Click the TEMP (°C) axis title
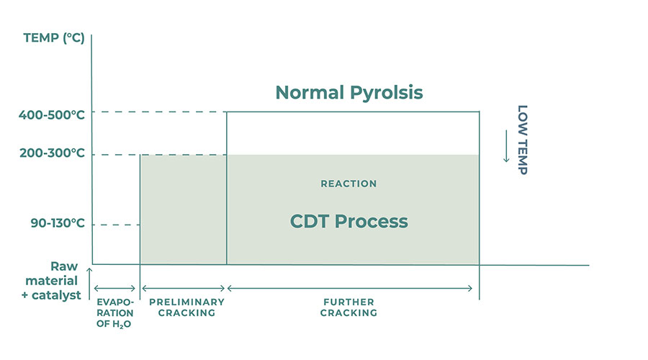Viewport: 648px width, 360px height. click(54, 38)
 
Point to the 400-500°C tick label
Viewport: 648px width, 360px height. click(52, 114)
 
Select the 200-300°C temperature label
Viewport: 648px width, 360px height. click(52, 153)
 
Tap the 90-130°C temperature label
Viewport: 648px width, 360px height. click(58, 223)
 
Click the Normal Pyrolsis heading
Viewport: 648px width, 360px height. click(349, 93)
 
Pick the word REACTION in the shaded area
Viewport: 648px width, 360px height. click(348, 184)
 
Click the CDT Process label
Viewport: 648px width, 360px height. click(348, 221)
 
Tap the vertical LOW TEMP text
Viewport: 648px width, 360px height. click(523, 140)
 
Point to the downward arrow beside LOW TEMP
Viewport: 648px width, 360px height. click(506, 146)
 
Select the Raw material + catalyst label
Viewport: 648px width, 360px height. click(51, 281)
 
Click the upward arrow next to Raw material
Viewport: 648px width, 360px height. click(89, 284)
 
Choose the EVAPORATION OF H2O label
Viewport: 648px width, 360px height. click(115, 313)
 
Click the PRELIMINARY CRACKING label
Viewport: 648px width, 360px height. click(186, 307)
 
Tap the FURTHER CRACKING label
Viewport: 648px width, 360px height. click(348, 307)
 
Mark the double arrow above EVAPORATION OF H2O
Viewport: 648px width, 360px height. click(115, 288)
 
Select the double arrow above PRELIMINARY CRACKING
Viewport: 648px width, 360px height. click(183, 288)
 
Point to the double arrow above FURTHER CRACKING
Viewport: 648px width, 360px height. click(350, 288)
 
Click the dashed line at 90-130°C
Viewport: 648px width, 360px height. click(117, 225)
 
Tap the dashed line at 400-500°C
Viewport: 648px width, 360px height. click(160, 112)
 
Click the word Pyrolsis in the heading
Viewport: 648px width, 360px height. click(387, 93)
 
